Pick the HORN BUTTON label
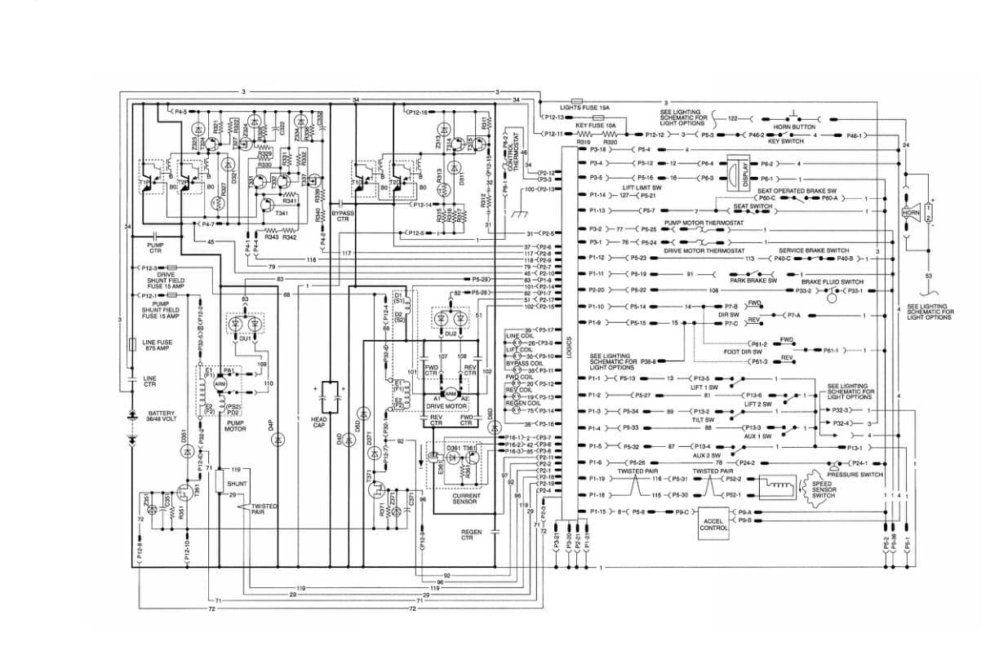coord(794,127)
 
